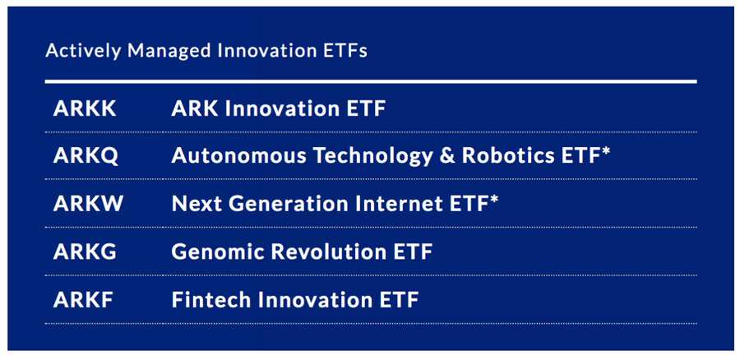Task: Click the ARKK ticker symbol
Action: (85, 109)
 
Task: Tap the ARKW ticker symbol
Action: (88, 204)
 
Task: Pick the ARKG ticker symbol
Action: (85, 252)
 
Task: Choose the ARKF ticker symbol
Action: (83, 300)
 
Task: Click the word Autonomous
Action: (238, 156)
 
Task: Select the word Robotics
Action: (508, 156)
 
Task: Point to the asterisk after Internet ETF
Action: (493, 200)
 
